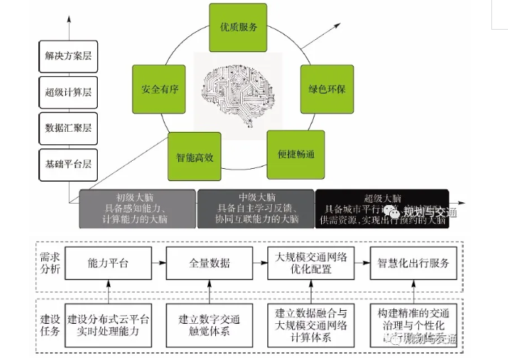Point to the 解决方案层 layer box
[x=64, y=56]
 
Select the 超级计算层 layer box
[x=64, y=92]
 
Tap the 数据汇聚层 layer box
[x=64, y=128]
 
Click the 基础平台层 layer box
[x=64, y=164]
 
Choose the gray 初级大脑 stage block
[x=137, y=209]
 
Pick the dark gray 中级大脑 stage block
[x=255, y=209]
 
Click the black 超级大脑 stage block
[x=381, y=209]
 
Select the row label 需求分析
[x=51, y=263]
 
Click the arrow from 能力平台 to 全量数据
[x=158, y=263]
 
